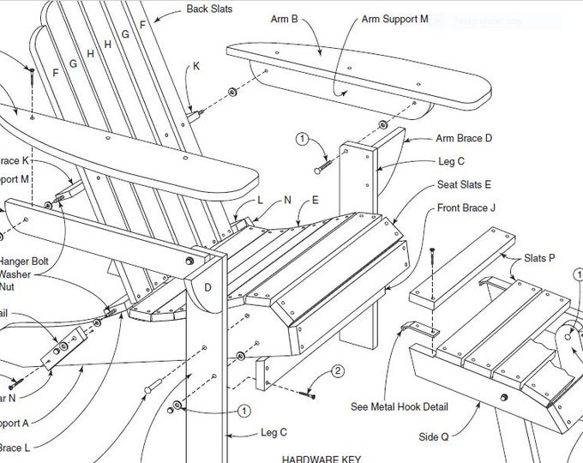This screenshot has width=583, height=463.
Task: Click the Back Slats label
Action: tap(209, 10)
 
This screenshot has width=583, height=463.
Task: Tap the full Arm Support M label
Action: tap(394, 18)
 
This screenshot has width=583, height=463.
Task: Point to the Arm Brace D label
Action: tap(465, 138)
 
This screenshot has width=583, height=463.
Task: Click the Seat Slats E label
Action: tap(464, 183)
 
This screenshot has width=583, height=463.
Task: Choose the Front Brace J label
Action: tap(466, 207)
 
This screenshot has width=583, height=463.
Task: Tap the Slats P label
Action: tap(540, 257)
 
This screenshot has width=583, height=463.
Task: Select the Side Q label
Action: tap(433, 436)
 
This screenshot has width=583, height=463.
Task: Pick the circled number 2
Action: tap(338, 371)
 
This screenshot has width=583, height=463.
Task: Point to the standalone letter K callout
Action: tap(196, 66)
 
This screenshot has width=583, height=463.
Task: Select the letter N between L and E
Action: tap(288, 199)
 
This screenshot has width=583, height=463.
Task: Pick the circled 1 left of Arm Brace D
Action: tap(302, 137)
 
